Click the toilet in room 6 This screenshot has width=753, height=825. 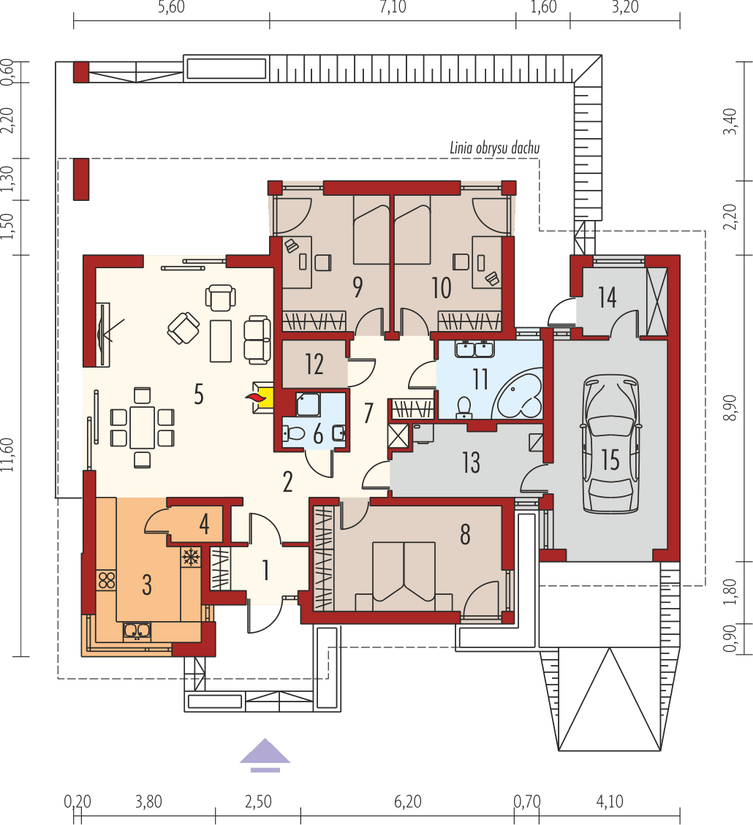point(294,433)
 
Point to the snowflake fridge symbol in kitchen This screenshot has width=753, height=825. point(190,557)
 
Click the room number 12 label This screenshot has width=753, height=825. point(314,363)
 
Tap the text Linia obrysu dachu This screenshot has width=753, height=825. point(494,148)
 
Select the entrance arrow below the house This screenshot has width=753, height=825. point(265,755)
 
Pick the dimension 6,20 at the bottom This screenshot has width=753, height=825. point(406,801)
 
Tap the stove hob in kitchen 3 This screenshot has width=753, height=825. point(107,580)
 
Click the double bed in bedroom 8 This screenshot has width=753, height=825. point(403,575)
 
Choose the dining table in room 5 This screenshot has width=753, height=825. point(142,427)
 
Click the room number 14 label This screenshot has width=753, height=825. point(607,297)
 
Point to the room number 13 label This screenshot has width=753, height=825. point(471,463)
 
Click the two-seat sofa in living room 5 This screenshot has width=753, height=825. point(257,339)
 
